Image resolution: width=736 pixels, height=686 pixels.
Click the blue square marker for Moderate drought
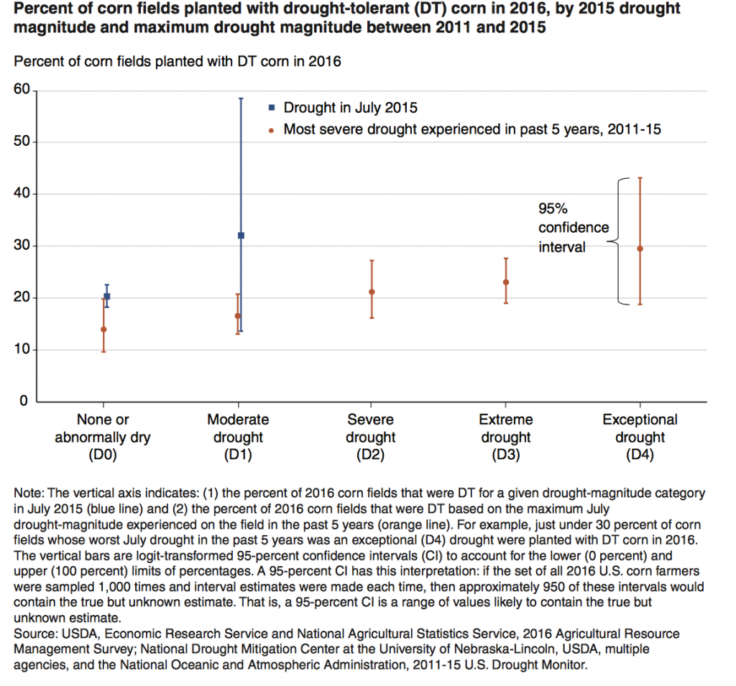[241, 236]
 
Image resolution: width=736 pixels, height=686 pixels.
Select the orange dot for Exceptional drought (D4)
[640, 249]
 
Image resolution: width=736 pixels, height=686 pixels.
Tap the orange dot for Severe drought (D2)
[372, 292]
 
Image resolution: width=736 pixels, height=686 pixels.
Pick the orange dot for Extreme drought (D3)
[506, 282]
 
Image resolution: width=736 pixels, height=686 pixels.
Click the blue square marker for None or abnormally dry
[107, 296]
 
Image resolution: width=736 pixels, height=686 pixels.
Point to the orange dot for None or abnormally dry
[103, 330]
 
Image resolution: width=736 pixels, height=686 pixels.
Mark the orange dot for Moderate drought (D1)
[238, 316]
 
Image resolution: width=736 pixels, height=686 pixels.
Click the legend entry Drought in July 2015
[350, 108]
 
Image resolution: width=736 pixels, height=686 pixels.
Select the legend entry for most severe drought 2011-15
[471, 130]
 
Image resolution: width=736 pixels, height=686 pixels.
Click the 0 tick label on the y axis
[23, 402]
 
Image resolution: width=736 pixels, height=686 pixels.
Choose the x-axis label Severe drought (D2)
[371, 437]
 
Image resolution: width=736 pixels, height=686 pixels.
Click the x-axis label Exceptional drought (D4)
[640, 437]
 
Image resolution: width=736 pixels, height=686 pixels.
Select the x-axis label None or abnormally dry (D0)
[103, 437]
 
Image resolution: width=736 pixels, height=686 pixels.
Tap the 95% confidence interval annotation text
[573, 228]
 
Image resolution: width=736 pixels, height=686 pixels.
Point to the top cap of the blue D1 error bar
[241, 98]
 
